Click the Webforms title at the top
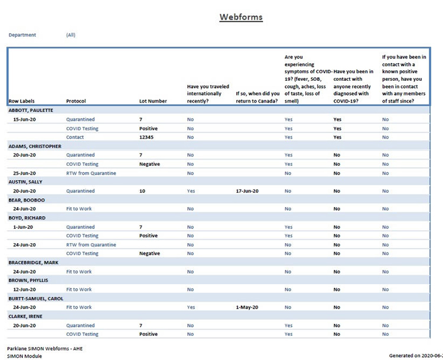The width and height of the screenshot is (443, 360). pos(241,17)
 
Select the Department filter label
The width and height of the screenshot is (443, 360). pos(22,35)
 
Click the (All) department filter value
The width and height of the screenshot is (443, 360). pos(71,35)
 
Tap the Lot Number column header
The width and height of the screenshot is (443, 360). pos(153,101)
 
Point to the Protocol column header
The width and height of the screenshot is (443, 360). pos(76,101)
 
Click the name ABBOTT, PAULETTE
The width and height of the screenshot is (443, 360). pos(31,110)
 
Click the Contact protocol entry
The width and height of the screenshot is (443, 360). pos(75,137)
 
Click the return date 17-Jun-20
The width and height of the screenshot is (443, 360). pos(247,191)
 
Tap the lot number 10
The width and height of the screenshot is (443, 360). pos(142,191)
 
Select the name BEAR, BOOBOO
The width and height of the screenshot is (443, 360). pos(27,200)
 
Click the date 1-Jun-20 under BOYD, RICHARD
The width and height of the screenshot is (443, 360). pos(24,227)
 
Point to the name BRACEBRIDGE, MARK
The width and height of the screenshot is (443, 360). pos(33,263)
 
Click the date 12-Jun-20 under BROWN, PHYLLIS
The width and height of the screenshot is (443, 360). pos(25,290)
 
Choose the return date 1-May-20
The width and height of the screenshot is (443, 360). pos(247,307)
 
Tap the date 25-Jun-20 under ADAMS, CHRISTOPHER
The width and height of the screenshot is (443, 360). pos(25,173)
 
